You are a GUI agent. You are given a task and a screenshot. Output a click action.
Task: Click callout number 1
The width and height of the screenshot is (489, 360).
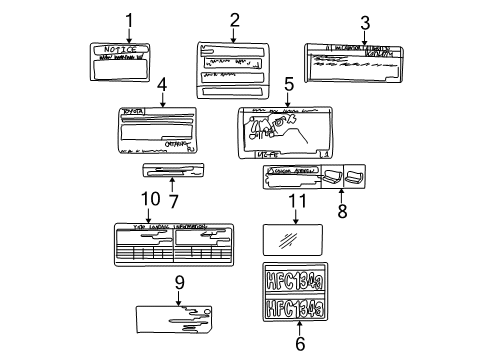(128, 19)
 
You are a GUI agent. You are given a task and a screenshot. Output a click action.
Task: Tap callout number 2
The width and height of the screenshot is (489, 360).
(234, 19)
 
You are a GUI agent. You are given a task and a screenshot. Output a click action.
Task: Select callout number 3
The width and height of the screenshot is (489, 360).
(365, 21)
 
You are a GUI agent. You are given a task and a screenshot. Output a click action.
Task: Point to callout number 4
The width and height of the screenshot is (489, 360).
(161, 86)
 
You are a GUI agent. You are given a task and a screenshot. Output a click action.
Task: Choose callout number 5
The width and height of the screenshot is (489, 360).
(288, 87)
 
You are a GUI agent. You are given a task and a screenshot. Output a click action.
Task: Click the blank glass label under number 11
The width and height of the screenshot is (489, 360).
(294, 240)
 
